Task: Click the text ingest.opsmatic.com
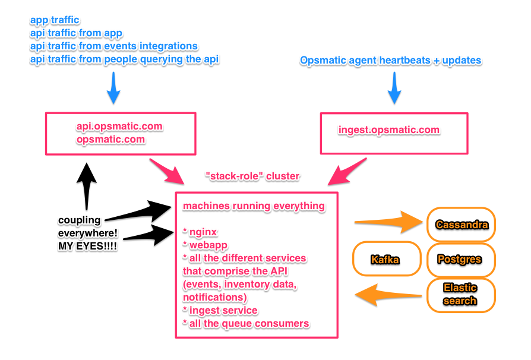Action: pos(389,130)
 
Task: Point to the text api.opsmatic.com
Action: pos(119,127)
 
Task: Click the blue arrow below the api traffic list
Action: pos(113,88)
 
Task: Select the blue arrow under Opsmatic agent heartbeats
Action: pos(394,88)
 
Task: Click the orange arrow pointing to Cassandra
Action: pos(388,222)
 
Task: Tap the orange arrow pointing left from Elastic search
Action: pos(388,295)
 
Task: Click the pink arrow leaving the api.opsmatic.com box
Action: pos(167,170)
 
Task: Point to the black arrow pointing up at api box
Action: pos(87,187)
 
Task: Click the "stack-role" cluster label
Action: pos(252,176)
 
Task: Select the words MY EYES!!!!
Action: pos(87,246)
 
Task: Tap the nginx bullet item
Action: pos(200,232)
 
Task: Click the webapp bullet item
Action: pos(205,245)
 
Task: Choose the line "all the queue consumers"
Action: pos(246,323)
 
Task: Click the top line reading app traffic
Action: pos(55,20)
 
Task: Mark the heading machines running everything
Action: pos(254,206)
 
